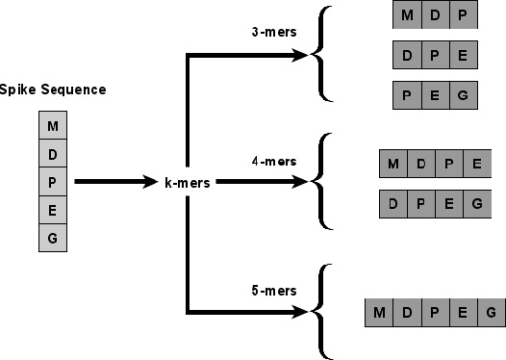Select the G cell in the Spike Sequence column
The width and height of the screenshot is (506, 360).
[52, 237]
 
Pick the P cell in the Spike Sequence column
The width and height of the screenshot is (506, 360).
[52, 182]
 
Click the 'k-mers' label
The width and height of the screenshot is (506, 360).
[188, 181]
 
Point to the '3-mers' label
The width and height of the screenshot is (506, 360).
[268, 32]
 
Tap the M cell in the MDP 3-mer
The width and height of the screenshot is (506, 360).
[408, 16]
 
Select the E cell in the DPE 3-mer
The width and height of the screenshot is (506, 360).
[463, 55]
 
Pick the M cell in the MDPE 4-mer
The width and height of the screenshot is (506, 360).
[393, 164]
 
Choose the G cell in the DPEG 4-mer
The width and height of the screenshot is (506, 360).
[475, 203]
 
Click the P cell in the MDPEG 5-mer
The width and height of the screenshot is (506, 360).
[435, 312]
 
